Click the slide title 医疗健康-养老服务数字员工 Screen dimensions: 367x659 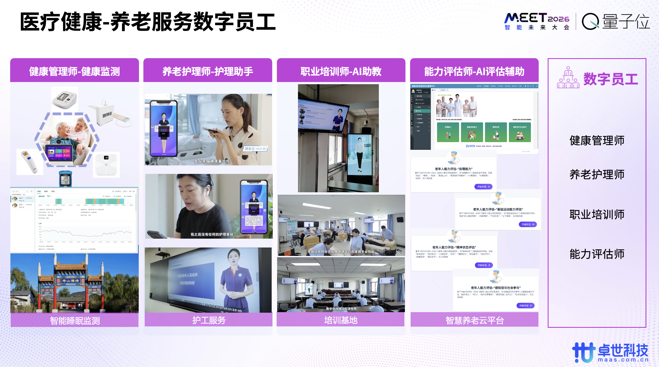[148, 22]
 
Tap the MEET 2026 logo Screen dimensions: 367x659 [537, 21]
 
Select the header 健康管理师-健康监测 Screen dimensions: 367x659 [75, 71]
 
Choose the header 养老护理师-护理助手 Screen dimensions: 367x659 [208, 71]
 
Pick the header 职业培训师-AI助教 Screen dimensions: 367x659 [341, 71]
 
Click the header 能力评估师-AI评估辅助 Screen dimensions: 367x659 [474, 71]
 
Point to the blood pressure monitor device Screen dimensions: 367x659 [65, 99]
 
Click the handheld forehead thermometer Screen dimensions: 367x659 [29, 162]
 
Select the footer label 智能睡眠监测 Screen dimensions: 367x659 [75, 320]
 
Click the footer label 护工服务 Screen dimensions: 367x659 [209, 320]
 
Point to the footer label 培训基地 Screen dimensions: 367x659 [341, 320]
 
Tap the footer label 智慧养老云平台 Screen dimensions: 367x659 [475, 320]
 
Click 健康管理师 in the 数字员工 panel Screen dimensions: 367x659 [597, 141]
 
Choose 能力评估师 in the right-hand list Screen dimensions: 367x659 [597, 254]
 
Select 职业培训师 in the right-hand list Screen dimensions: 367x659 [597, 214]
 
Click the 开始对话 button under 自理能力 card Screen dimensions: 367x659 [483, 187]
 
